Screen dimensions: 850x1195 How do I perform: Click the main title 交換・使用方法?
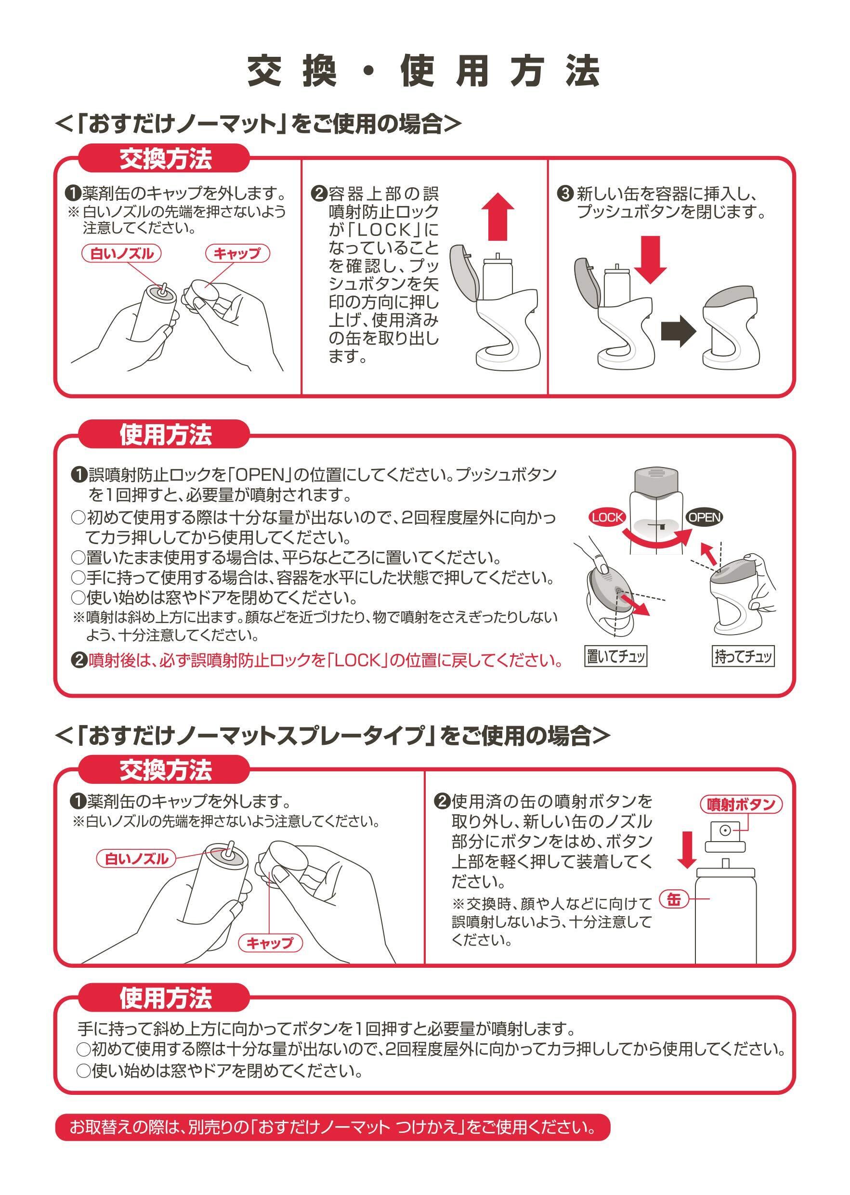click(424, 71)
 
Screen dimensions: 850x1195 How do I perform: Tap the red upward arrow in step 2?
click(498, 217)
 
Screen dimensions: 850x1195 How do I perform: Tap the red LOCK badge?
click(607, 518)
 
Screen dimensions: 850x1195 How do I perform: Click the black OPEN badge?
click(705, 518)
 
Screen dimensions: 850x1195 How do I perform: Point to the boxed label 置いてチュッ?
click(615, 656)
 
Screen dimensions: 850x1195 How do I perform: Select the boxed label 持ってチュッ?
click(743, 656)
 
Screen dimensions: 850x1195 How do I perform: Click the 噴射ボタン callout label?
click(741, 804)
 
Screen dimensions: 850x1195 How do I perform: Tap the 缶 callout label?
click(674, 899)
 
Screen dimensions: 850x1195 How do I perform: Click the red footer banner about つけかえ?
click(333, 1127)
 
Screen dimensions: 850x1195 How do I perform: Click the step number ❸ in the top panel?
click(565, 194)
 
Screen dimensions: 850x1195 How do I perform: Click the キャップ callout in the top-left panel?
click(237, 254)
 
